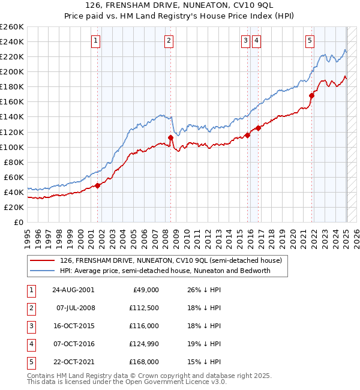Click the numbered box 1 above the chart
pyautogui.click(x=96, y=41)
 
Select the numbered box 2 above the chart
pyautogui.click(x=169, y=41)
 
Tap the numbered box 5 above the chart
pyautogui.click(x=310, y=41)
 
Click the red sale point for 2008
pyautogui.click(x=170, y=137)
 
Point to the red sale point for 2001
pyautogui.click(x=98, y=185)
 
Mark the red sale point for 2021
pyautogui.click(x=312, y=95)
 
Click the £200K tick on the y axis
pyautogui.click(x=12, y=71)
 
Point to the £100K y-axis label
pyautogui.click(x=12, y=147)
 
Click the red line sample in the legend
pyautogui.click(x=43, y=260)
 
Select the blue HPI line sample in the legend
pyautogui.click(x=43, y=271)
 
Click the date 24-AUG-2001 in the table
pyautogui.click(x=73, y=290)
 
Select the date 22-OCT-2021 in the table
pyautogui.click(x=73, y=362)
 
